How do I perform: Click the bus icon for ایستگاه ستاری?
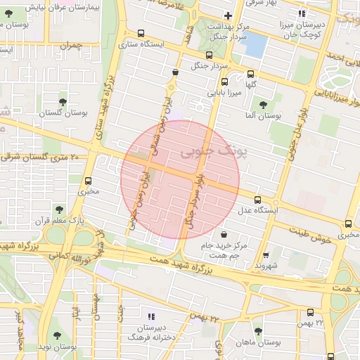(141, 33)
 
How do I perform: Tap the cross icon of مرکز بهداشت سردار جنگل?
(227, 15)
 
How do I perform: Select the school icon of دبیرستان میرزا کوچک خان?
(302, 13)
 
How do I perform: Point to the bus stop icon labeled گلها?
(251, 73)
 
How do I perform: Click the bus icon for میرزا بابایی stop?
(224, 82)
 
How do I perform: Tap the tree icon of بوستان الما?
(263, 105)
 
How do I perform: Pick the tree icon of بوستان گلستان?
(63, 103)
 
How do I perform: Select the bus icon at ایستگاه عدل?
(257, 200)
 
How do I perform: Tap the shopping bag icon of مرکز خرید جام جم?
(224, 235)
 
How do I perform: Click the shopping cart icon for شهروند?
(265, 256)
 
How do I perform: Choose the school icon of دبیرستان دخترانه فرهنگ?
(150, 316)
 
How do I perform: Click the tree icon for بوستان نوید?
(57, 336)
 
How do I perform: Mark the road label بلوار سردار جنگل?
(193, 200)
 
